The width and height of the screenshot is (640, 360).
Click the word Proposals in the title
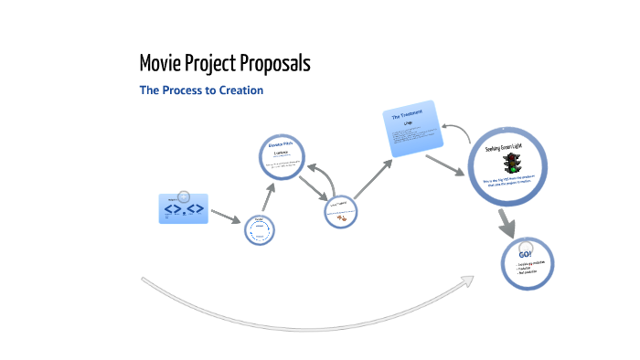(x=271, y=64)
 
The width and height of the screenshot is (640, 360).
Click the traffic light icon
(x=511, y=164)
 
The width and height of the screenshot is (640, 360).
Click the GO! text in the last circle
(x=526, y=253)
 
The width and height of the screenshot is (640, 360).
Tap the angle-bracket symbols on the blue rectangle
(x=184, y=210)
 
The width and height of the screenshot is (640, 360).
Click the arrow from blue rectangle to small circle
(x=226, y=217)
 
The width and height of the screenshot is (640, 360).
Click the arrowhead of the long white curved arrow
(x=467, y=280)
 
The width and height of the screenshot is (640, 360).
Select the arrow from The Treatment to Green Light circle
(x=445, y=164)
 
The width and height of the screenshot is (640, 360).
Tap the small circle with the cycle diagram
(x=260, y=229)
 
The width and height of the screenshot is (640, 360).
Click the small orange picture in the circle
(x=341, y=217)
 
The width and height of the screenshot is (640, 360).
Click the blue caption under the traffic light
(x=513, y=183)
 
